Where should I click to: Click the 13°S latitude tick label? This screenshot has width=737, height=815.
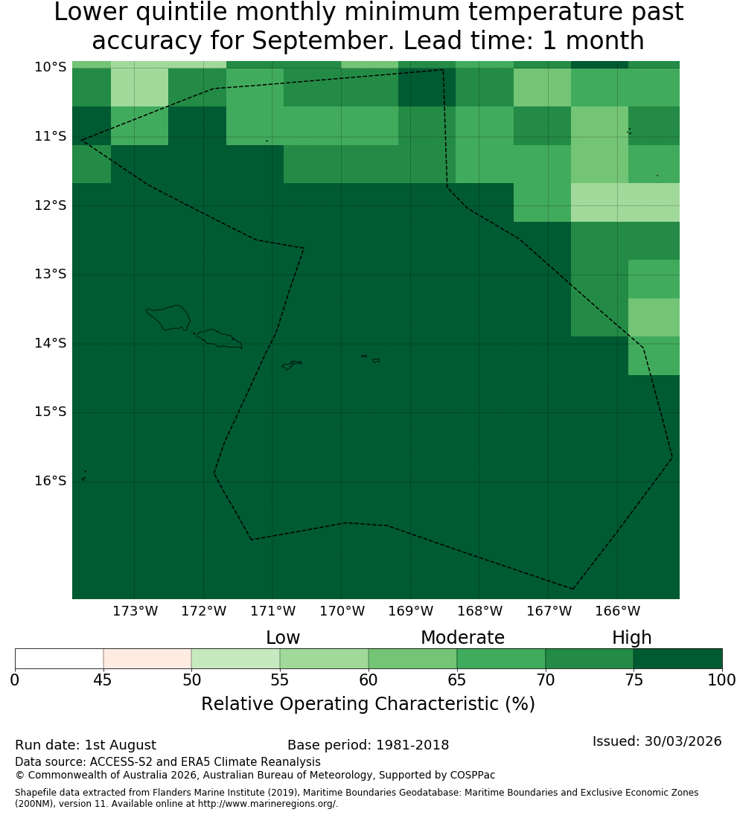point(51,274)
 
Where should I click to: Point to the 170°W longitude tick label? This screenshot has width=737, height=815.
point(342,611)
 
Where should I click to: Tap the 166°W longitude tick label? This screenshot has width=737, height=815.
point(617,611)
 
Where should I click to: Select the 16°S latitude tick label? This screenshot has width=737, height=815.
point(51,481)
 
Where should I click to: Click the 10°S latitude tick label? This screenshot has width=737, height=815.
point(51,67)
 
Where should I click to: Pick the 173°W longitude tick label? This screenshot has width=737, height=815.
point(135,611)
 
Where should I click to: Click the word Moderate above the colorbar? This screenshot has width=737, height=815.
point(462,637)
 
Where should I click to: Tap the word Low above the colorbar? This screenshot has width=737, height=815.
point(283,637)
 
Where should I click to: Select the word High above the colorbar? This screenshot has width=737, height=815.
point(631,638)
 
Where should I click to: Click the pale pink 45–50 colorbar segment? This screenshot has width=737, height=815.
point(147,659)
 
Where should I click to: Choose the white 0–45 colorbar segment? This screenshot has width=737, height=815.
point(60,659)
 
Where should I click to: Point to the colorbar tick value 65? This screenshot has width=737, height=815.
point(457,680)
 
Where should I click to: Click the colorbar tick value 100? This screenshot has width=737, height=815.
point(722,680)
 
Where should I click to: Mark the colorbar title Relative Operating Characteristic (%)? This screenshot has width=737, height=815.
point(368,704)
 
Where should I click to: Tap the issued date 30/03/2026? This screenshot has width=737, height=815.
point(683,741)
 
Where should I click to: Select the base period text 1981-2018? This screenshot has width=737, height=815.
point(412,745)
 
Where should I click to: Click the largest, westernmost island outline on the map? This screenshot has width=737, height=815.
point(168,318)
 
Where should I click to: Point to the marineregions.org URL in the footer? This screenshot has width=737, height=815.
point(267,804)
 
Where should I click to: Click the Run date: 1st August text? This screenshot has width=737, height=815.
point(85,745)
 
